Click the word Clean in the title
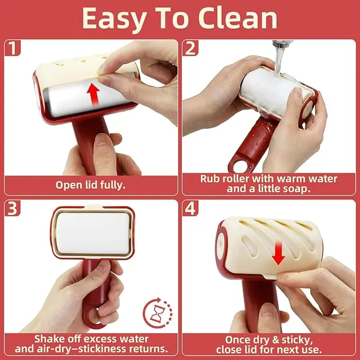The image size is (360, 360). pyautogui.click(x=238, y=19)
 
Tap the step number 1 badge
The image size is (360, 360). pyautogui.click(x=12, y=48)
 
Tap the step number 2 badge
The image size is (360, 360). pyautogui.click(x=190, y=48)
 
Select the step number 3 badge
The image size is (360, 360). pyautogui.click(x=12, y=208)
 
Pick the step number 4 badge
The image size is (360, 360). pyautogui.click(x=190, y=208)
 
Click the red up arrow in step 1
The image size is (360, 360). pyautogui.click(x=93, y=94)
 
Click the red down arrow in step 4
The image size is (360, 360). pyautogui.click(x=278, y=253)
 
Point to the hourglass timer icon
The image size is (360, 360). pyautogui.click(x=157, y=313)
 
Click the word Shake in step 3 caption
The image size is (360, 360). pyautogui.click(x=47, y=339)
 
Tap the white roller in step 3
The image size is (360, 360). pyautogui.click(x=93, y=233)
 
